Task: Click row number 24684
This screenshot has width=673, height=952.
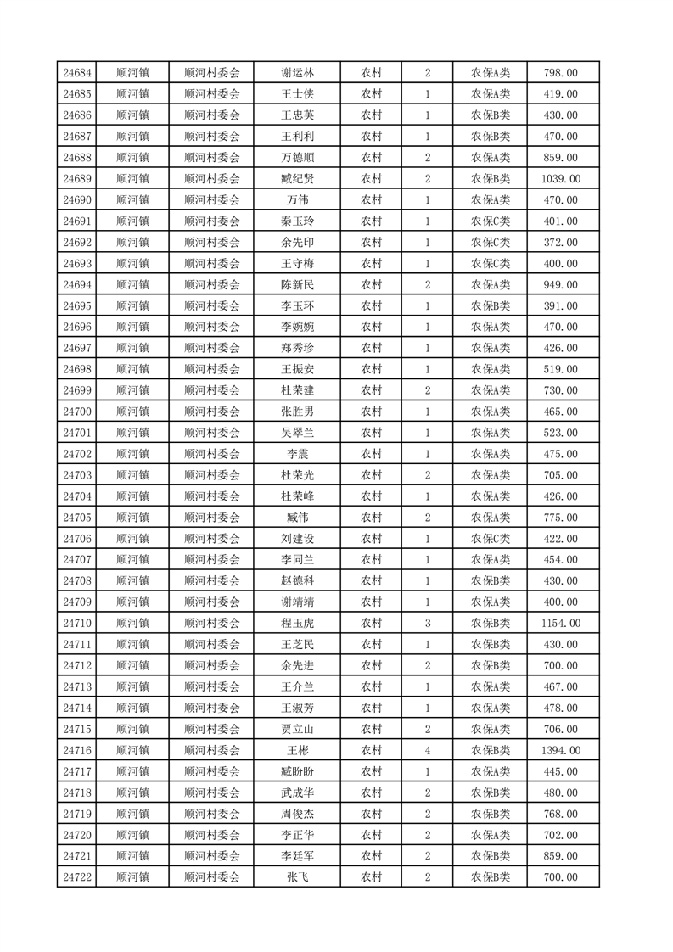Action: coord(77,73)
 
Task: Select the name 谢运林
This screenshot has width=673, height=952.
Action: coord(298,73)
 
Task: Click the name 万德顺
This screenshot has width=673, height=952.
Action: coord(298,158)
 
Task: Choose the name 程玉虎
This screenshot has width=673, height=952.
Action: coord(298,624)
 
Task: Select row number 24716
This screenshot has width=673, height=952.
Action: coord(77,751)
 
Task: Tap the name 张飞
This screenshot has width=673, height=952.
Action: coord(298,878)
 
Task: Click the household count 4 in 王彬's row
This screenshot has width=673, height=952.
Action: coord(427,751)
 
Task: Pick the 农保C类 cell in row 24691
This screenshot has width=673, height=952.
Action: coord(491,221)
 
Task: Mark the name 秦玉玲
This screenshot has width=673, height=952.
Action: coord(298,221)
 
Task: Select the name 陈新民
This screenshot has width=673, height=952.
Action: coord(298,285)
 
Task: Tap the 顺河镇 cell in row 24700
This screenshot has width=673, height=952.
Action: coord(132,412)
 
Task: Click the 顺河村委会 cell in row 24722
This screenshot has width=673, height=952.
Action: coord(212,878)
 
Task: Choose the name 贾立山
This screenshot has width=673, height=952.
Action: coord(298,730)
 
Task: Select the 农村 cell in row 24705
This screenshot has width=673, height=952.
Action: coord(371,518)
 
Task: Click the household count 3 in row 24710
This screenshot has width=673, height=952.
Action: coord(427,624)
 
